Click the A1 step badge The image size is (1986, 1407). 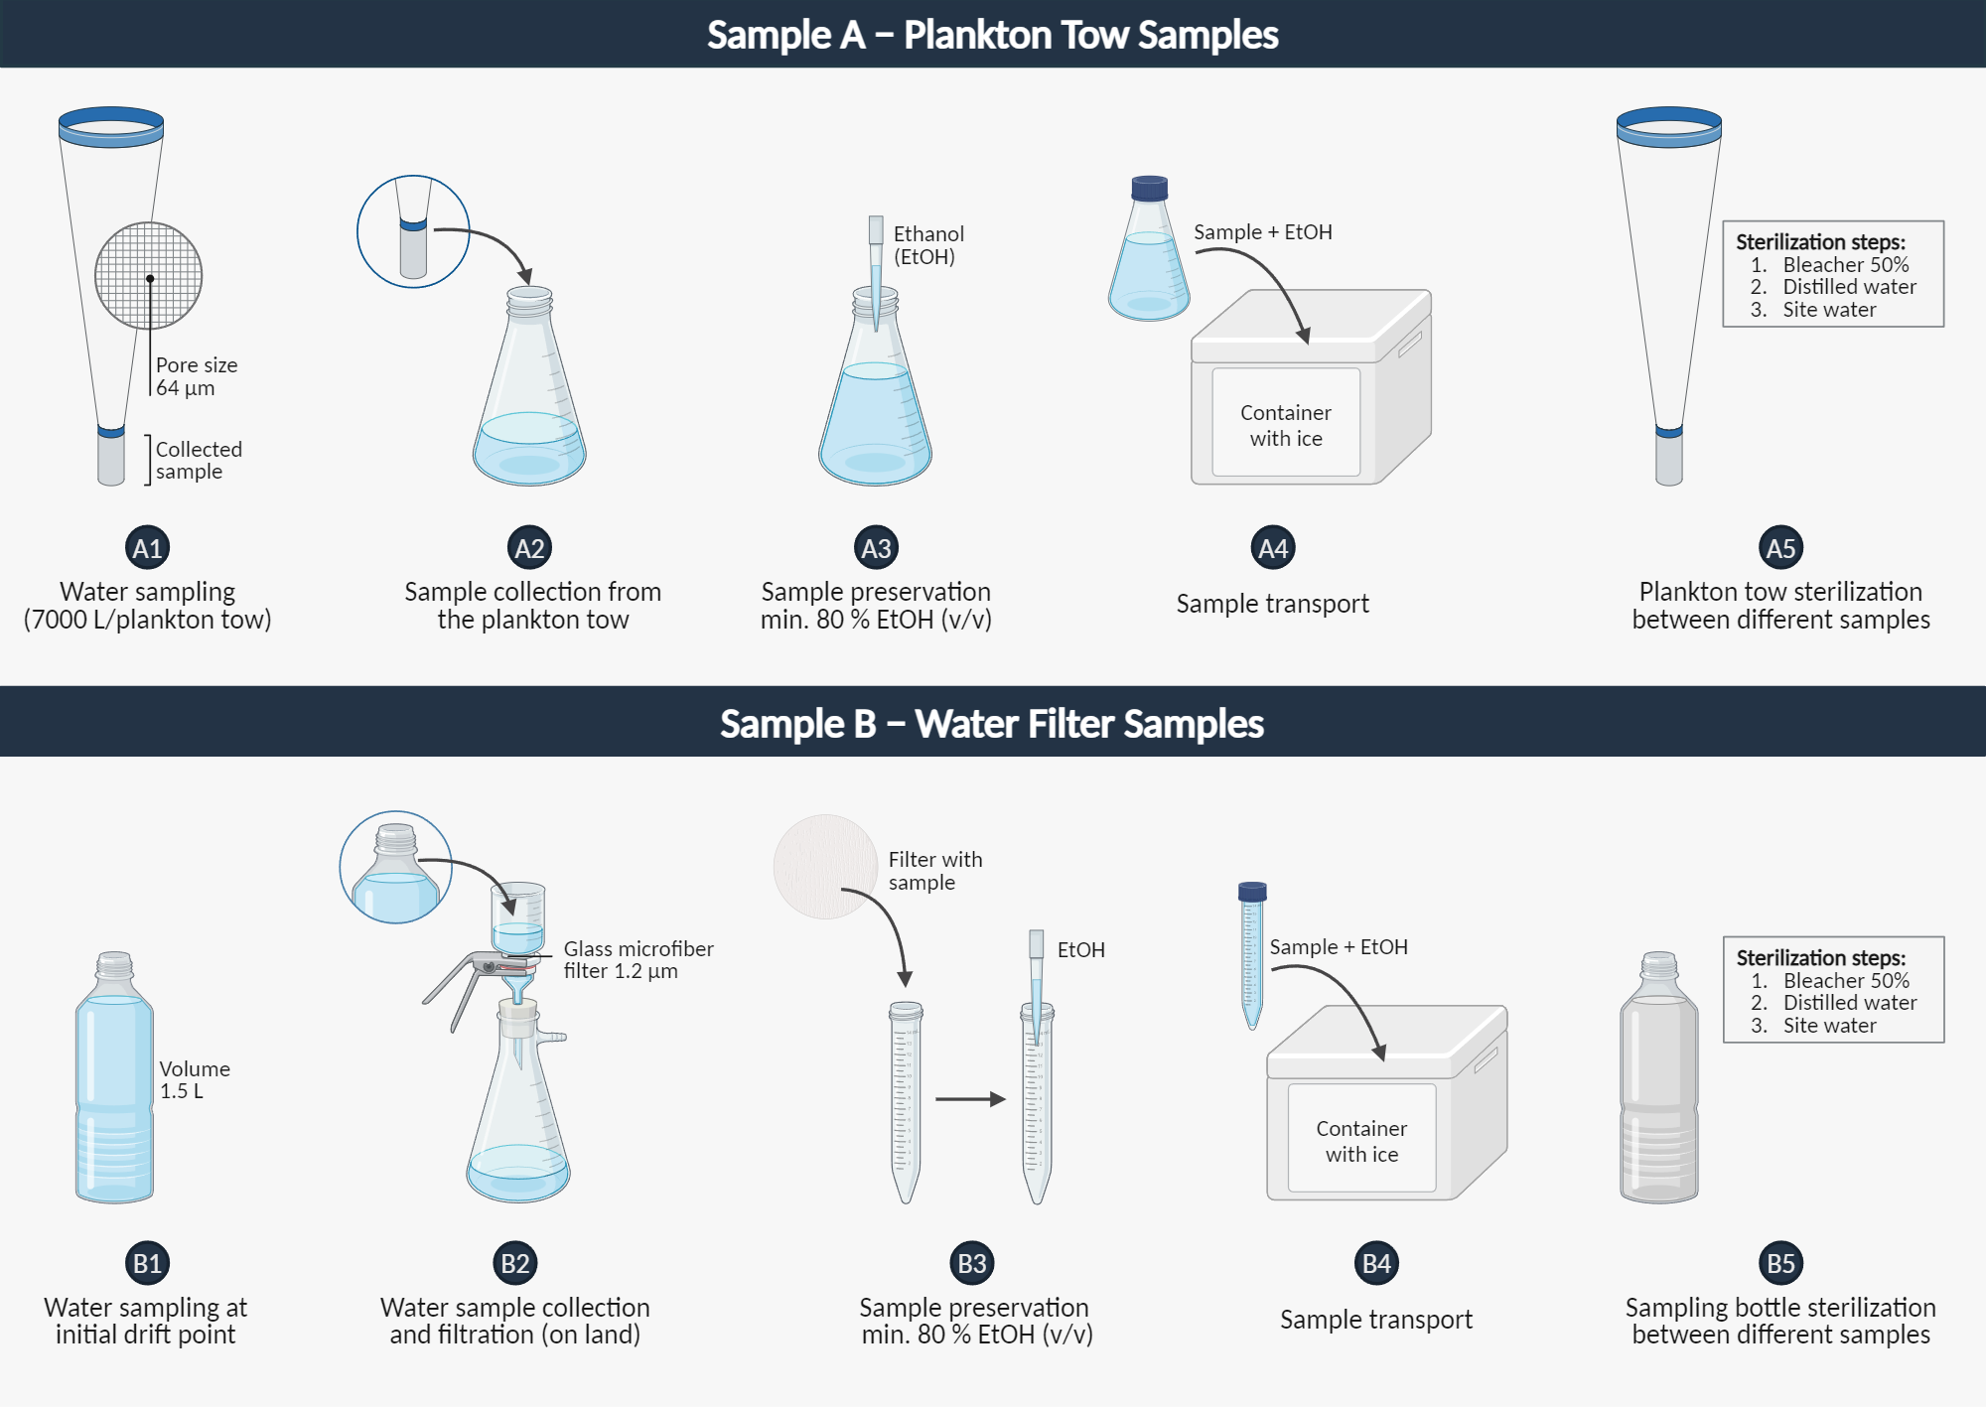[x=147, y=548]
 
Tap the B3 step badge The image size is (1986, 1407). [x=971, y=1263]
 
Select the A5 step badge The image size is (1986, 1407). [x=1780, y=548]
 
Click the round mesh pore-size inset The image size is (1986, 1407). [x=148, y=275]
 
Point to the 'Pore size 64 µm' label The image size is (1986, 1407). [x=196, y=376]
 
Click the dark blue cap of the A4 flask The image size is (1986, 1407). [x=1149, y=188]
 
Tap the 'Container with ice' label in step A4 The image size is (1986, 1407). [x=1285, y=425]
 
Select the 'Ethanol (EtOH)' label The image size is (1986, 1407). [x=927, y=245]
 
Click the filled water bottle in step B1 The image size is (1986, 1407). [x=114, y=1082]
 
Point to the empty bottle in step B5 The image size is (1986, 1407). [x=1658, y=1082]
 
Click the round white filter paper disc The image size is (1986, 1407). [x=824, y=866]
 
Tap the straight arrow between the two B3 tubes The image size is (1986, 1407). [x=969, y=1099]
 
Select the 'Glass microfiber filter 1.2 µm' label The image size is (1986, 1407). [x=637, y=960]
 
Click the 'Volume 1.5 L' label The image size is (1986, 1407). [x=195, y=1079]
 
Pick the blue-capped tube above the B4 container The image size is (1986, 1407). [x=1252, y=953]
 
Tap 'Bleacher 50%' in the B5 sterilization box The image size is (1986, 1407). [x=1845, y=981]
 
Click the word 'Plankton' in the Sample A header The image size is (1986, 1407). [x=977, y=35]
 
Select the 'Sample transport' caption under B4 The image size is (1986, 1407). [x=1375, y=1320]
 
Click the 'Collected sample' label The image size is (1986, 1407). [x=198, y=460]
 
